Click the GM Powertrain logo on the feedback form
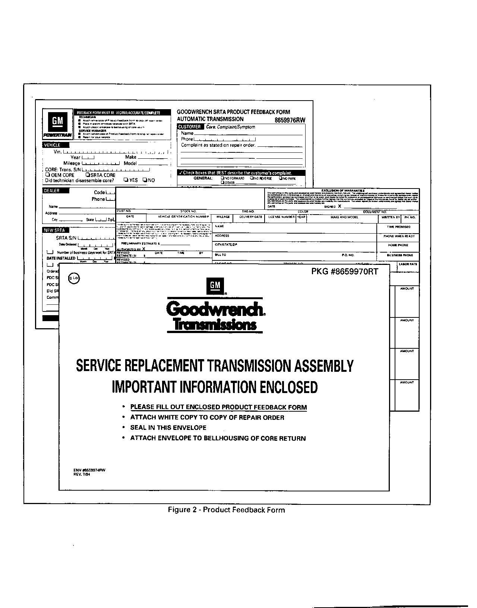click(57, 124)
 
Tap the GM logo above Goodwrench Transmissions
click(215, 286)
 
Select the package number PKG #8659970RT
click(345, 272)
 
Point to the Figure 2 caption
click(226, 510)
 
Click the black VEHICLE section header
click(52, 145)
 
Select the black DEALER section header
click(51, 191)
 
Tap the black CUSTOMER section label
click(190, 127)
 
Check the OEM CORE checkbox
click(48, 175)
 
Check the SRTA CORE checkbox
click(88, 175)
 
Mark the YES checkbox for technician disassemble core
click(126, 180)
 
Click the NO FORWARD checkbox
click(222, 178)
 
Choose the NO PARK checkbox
click(281, 178)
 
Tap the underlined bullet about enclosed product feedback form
click(218, 407)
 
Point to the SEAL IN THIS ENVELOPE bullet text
click(168, 428)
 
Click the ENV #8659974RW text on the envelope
click(89, 470)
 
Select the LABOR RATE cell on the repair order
click(408, 264)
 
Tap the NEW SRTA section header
click(54, 230)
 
